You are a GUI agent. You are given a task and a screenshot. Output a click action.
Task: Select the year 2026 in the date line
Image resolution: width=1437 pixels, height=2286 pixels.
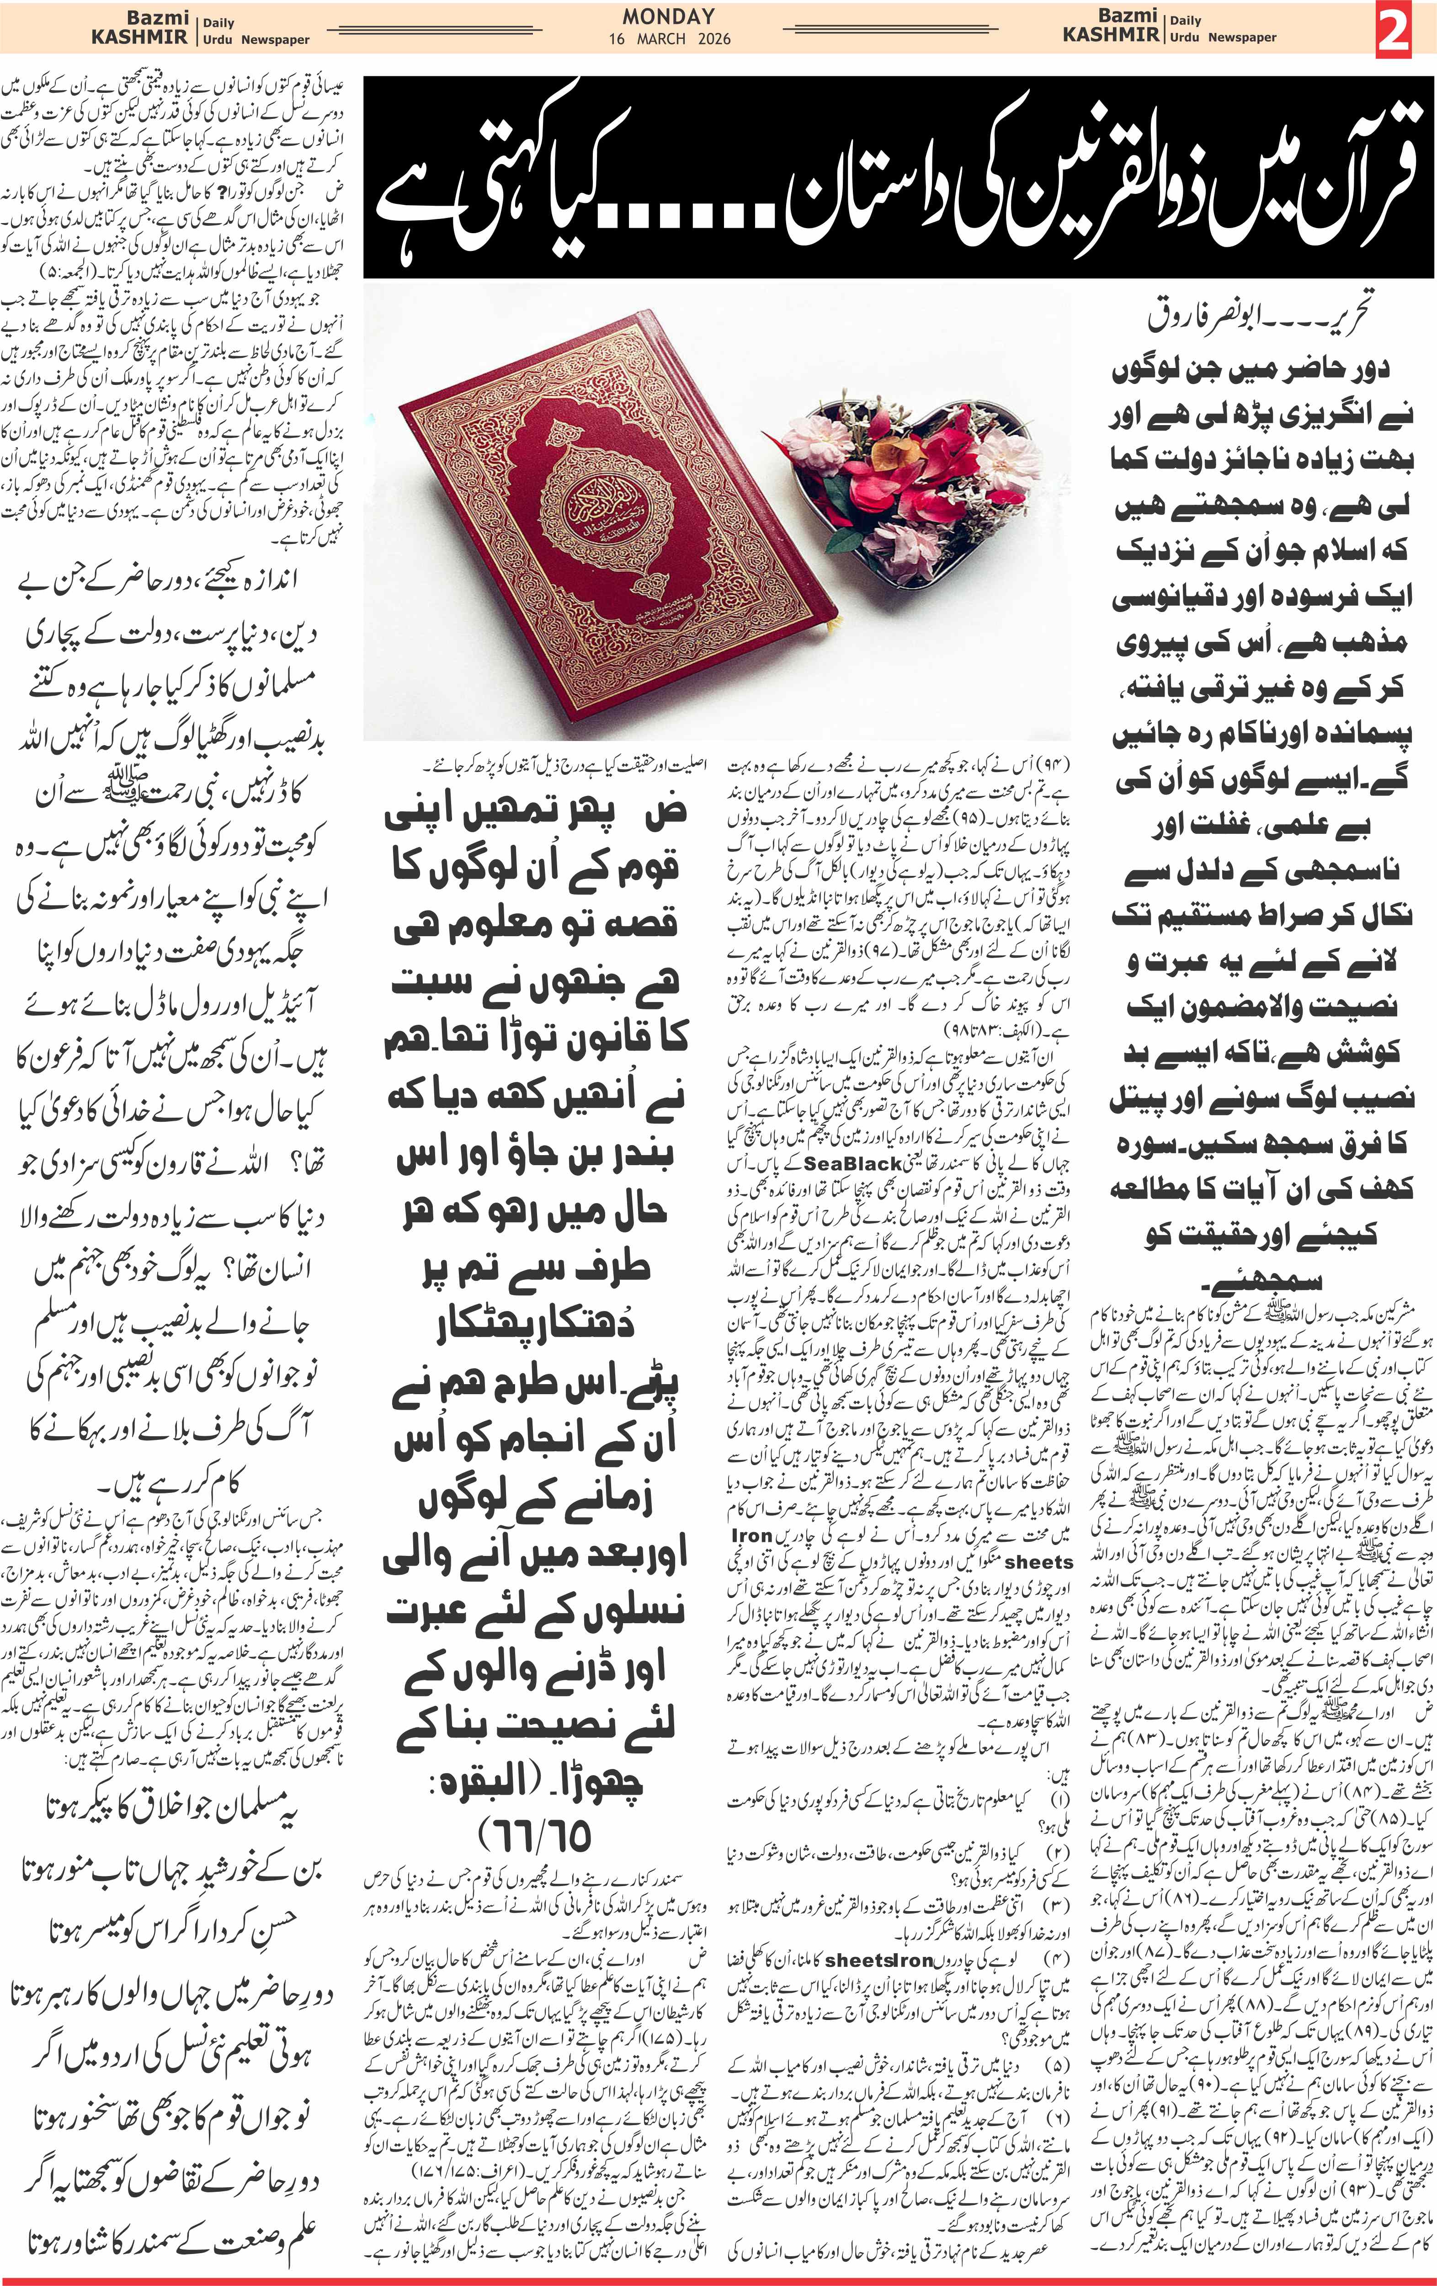714,39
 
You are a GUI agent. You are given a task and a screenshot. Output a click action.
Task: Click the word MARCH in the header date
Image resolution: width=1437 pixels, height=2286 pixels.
661,39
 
